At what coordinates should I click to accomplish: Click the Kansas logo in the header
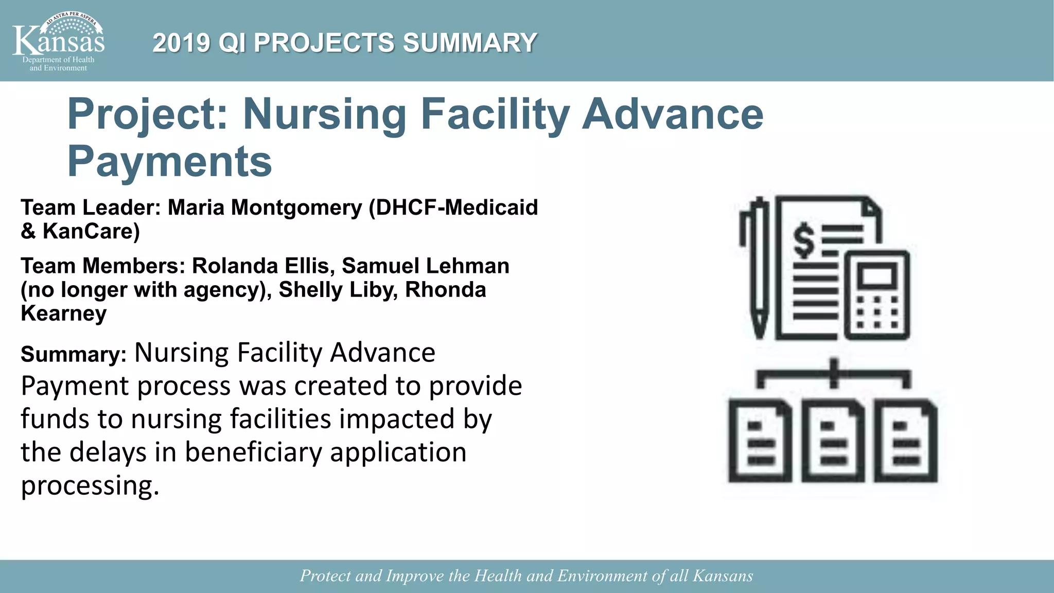[x=58, y=41]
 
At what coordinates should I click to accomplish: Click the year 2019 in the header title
[x=181, y=43]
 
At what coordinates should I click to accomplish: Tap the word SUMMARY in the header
[x=470, y=43]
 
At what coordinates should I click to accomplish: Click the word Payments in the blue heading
[x=169, y=162]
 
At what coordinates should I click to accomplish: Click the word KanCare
[x=91, y=231]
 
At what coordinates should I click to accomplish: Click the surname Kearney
[x=64, y=313]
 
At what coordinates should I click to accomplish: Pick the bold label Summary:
[x=74, y=355]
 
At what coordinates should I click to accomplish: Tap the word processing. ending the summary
[x=90, y=485]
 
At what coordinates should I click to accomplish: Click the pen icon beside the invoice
[x=757, y=268]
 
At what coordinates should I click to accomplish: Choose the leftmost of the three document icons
[x=760, y=441]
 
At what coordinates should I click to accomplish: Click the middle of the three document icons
[x=833, y=441]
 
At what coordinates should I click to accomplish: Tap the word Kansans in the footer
[x=723, y=575]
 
